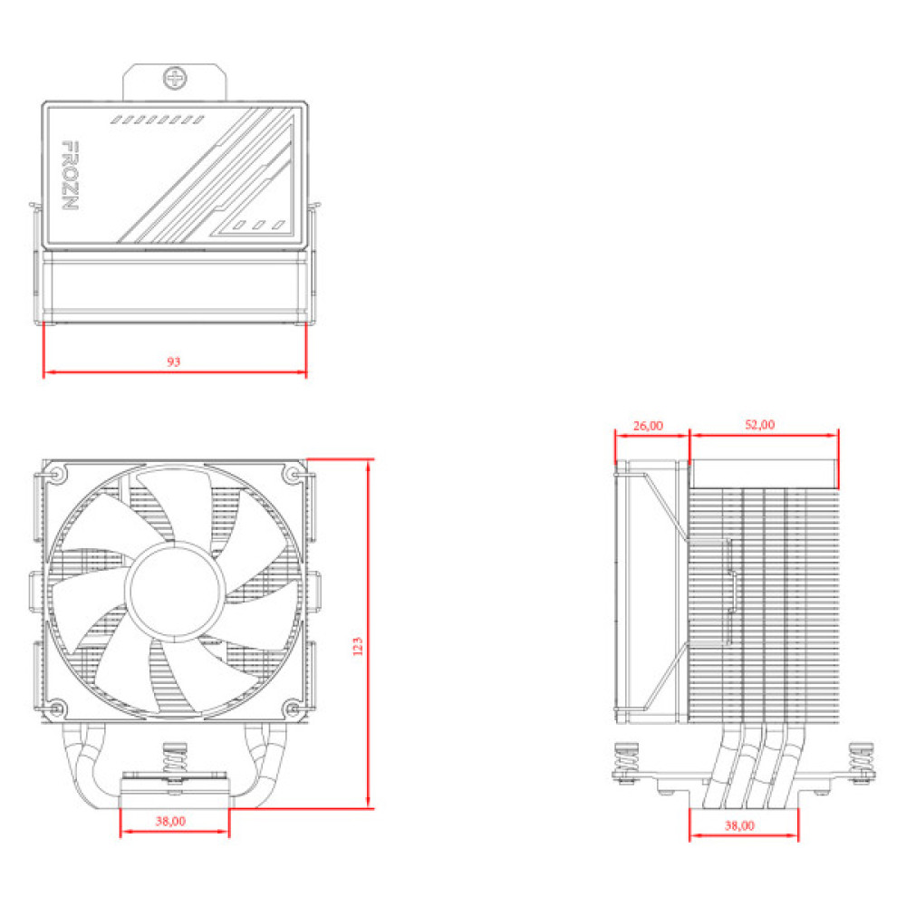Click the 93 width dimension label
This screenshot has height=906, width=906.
tap(174, 361)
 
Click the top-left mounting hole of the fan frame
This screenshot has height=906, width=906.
tap(57, 474)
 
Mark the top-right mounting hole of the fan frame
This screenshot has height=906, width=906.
tap(292, 474)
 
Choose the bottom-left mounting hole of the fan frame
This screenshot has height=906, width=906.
tap(57, 708)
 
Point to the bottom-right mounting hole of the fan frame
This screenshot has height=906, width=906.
tap(292, 708)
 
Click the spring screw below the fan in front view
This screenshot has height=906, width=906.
tap(174, 761)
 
